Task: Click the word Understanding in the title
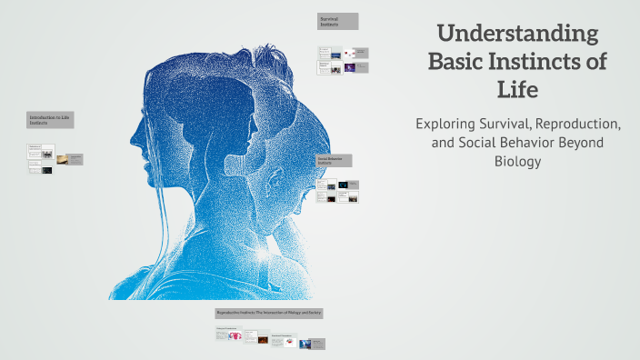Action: [x=518, y=35]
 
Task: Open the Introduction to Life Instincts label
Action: [x=50, y=119]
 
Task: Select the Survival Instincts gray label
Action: [x=337, y=21]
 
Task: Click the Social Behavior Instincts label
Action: [x=334, y=160]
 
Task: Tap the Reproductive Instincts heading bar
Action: [x=270, y=313]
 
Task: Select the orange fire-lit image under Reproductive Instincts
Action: [x=263, y=340]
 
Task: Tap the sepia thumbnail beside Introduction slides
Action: [x=62, y=159]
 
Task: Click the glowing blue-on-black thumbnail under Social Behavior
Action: [x=343, y=185]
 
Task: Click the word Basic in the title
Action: [x=459, y=64]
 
